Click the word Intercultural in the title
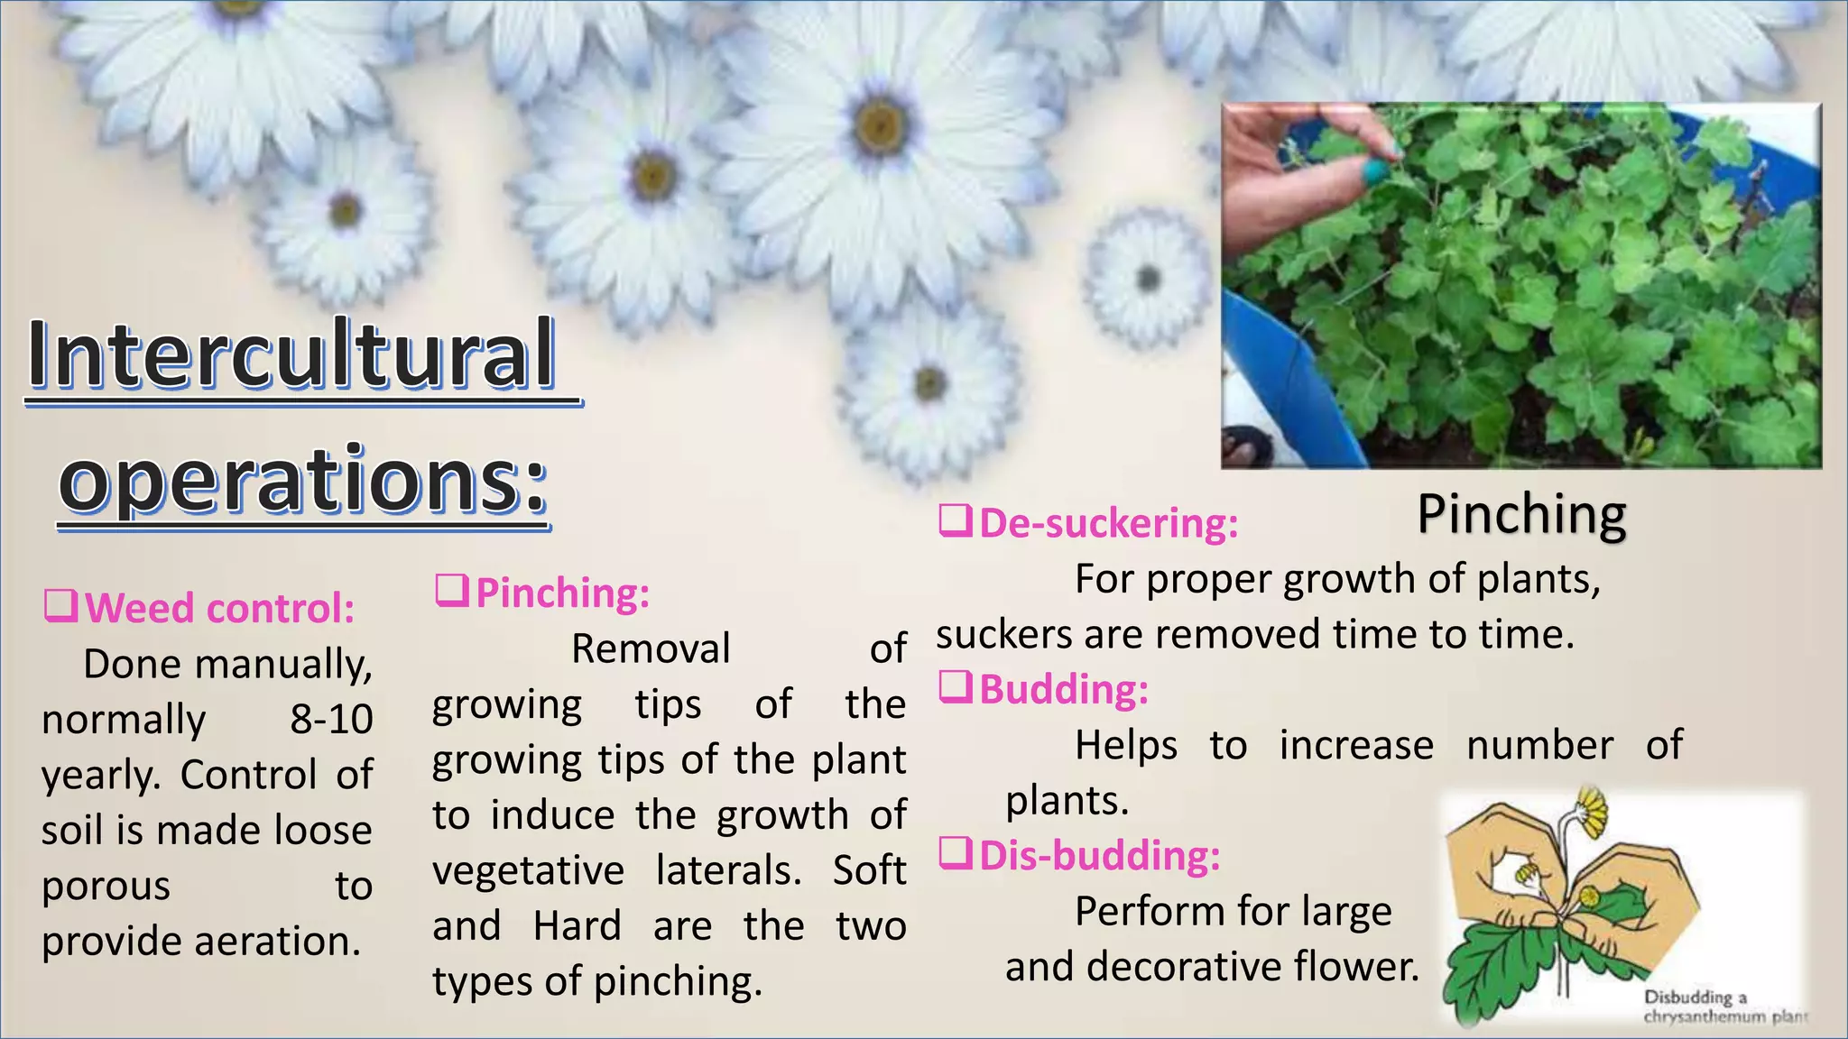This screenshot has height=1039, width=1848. tap(291, 354)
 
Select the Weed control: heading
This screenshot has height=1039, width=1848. tap(219, 609)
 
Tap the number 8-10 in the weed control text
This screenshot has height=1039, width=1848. tap(331, 720)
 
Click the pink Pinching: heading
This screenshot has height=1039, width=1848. tap(562, 593)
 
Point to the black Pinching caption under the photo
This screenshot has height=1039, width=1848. tap(1521, 515)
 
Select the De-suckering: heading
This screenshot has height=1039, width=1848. tap(1108, 524)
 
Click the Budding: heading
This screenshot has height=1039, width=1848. tap(1064, 690)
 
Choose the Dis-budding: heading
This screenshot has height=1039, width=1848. tap(1099, 856)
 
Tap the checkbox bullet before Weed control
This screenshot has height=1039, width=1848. tap(60, 606)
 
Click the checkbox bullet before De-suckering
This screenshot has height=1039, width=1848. tap(955, 521)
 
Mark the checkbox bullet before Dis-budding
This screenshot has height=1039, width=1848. tap(955, 853)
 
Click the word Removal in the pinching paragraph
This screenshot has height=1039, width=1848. tap(651, 649)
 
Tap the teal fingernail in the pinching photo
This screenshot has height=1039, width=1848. tap(1377, 172)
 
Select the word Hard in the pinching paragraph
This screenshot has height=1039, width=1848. tap(577, 926)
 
